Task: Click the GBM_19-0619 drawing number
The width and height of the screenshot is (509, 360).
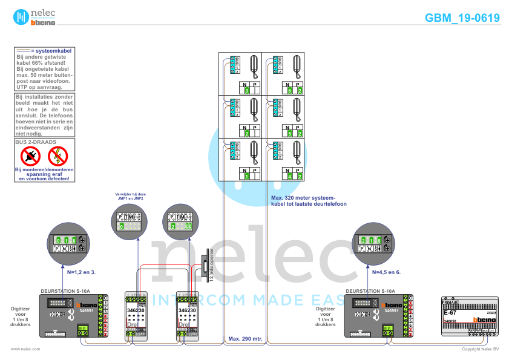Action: (462, 18)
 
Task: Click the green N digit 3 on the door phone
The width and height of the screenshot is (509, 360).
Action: (247, 91)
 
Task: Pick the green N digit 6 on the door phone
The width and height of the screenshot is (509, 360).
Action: (290, 91)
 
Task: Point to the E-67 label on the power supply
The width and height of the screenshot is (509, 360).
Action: (450, 313)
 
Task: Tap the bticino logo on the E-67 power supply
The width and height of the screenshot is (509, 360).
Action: (484, 319)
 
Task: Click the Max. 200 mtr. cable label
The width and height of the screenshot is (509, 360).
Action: (245, 338)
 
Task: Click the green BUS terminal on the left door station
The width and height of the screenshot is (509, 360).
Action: (82, 330)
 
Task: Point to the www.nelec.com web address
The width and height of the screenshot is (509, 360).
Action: (25, 349)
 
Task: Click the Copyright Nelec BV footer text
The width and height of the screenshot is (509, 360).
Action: (480, 349)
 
